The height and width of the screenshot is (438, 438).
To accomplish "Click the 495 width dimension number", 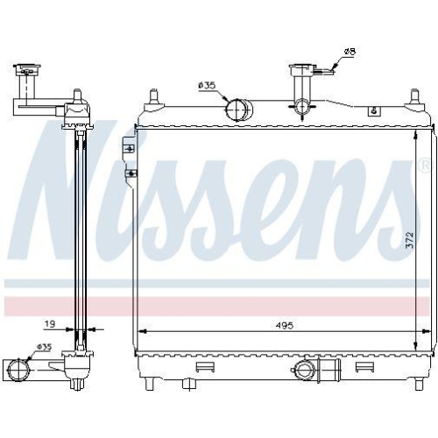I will coord(282,325).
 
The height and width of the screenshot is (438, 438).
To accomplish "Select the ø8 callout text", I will coord(348,53).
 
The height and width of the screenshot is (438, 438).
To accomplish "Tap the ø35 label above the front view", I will coord(207,85).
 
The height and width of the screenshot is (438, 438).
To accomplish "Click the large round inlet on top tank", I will coord(238,109).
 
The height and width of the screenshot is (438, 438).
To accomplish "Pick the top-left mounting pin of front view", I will coord(154,95).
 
